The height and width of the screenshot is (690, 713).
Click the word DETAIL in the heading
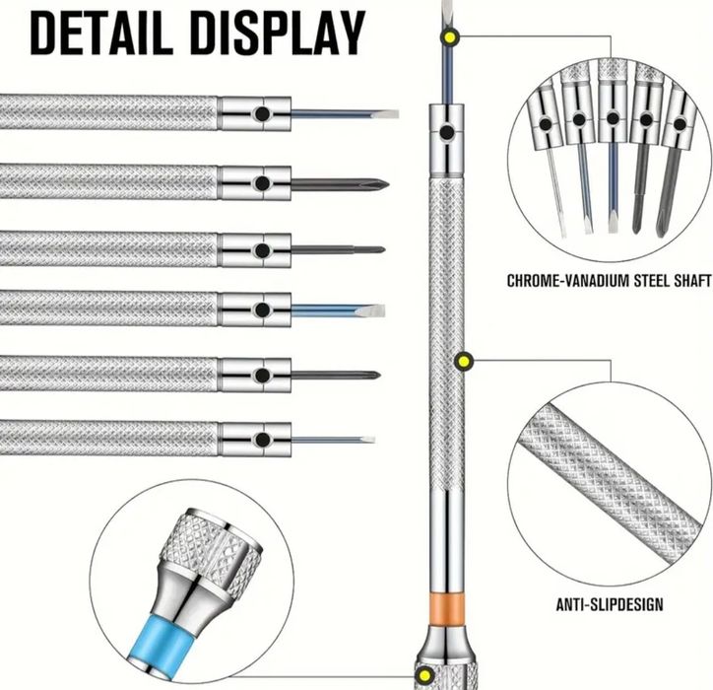click(101, 34)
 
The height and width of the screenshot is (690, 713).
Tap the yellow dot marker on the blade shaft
click(450, 36)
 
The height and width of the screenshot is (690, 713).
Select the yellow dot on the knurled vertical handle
click(464, 362)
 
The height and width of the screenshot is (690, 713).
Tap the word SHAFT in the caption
click(693, 280)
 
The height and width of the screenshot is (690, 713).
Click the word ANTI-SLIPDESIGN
click(610, 604)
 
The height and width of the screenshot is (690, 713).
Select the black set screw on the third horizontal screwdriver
click(262, 250)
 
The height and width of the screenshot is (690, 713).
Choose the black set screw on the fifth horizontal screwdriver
click(262, 376)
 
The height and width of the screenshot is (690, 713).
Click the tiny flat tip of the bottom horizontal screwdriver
click(368, 440)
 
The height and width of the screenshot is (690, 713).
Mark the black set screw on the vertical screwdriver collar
click(447, 132)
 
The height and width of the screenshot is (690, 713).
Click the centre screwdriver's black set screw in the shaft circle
click(613, 119)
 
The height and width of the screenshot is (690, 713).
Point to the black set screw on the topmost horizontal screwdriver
click(262, 113)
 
